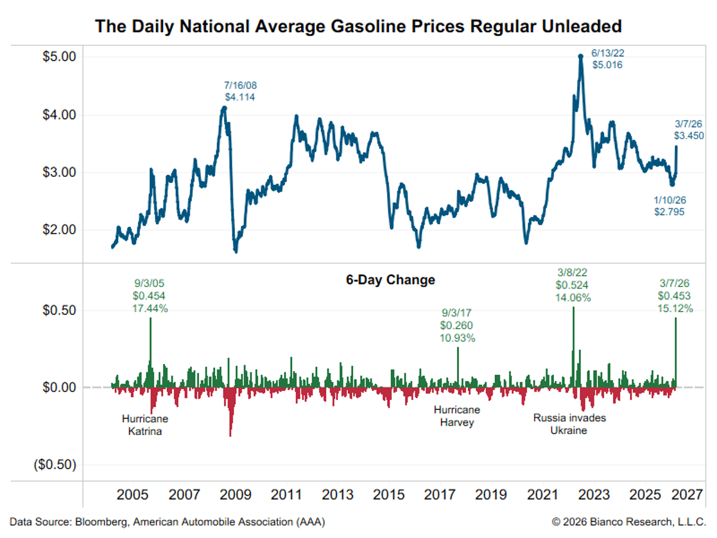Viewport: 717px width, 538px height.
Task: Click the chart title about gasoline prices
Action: pyautogui.click(x=358, y=26)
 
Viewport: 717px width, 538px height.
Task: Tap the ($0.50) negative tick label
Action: pyautogui.click(x=54, y=464)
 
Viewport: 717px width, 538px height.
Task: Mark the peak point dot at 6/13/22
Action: pyautogui.click(x=580, y=56)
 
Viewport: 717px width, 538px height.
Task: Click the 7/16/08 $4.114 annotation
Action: pyautogui.click(x=240, y=90)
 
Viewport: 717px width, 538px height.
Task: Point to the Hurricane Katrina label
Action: pyautogui.click(x=145, y=424)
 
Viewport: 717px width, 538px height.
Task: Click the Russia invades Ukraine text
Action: pyautogui.click(x=569, y=424)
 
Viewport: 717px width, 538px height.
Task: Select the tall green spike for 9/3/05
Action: pyautogui.click(x=150, y=353)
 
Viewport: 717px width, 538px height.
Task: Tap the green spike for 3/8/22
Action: pyautogui.click(x=574, y=347)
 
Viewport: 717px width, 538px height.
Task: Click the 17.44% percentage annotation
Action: pyautogui.click(x=150, y=308)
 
